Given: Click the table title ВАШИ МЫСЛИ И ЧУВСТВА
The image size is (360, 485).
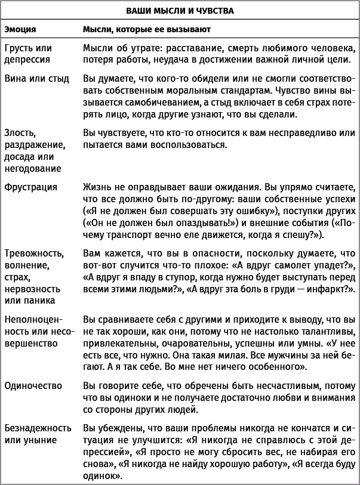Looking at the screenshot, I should pos(180,10).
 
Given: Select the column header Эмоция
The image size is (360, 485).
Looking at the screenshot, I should pos(20,29).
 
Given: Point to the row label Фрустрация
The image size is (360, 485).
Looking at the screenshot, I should pos(30,187).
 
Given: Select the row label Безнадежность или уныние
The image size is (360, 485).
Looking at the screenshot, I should pos(38,434).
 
